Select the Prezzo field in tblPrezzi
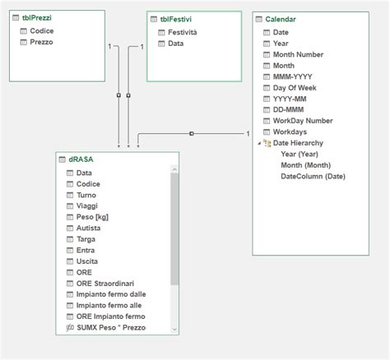[x=41, y=41]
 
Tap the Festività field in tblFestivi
[x=182, y=32]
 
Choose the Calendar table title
[x=281, y=19]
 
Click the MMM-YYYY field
[x=294, y=76]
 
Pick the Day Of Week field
[x=296, y=87]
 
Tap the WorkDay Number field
[x=302, y=120]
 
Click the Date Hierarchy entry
[x=297, y=142]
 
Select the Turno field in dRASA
[x=86, y=195]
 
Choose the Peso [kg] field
[x=91, y=217]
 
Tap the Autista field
[x=88, y=228]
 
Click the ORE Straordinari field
[x=106, y=283]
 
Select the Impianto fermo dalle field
[x=110, y=293]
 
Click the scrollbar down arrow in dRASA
[x=175, y=329]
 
